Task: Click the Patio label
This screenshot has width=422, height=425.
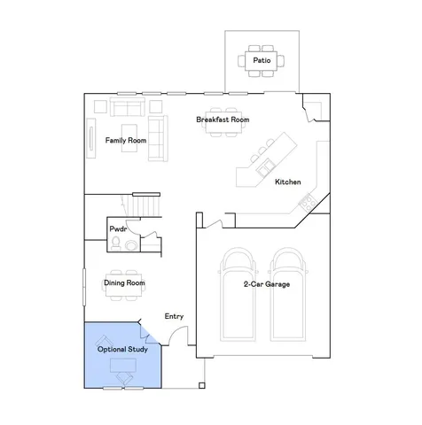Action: (262, 61)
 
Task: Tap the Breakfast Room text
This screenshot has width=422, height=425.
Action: (223, 120)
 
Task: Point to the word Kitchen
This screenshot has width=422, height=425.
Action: (288, 182)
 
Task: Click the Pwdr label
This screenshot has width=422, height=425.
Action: (118, 229)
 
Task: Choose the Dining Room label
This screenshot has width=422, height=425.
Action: (124, 283)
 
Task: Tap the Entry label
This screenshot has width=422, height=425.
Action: (175, 316)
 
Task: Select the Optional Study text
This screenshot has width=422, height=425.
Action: (122, 350)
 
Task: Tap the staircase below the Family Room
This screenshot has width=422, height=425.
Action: (146, 205)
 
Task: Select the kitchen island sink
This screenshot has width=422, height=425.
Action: (263, 165)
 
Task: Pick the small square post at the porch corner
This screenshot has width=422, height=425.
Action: (203, 386)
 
